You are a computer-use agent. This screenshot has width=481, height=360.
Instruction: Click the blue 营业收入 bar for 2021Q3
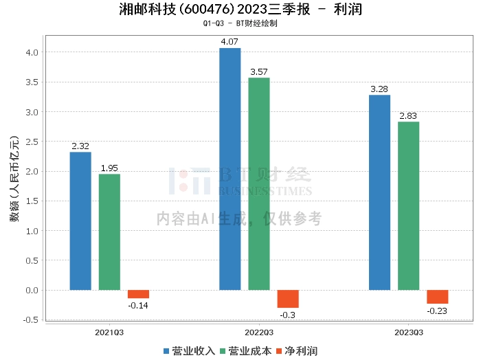click(x=80, y=221)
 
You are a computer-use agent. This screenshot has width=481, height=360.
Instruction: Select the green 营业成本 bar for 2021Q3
click(x=109, y=232)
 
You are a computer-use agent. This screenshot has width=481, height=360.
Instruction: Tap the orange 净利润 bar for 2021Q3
click(x=138, y=294)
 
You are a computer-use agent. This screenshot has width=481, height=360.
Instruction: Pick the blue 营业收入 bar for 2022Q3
click(x=230, y=169)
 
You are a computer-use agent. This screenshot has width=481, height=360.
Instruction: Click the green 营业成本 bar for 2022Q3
click(x=259, y=184)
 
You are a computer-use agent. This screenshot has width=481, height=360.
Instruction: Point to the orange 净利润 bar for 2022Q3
click(x=288, y=299)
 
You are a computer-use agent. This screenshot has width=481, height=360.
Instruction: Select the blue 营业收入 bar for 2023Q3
click(x=379, y=192)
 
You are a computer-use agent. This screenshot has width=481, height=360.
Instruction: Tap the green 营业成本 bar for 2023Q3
click(x=408, y=206)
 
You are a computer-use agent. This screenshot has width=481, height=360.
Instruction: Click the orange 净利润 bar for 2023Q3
click(x=437, y=297)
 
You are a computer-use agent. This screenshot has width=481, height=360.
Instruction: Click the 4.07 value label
click(x=230, y=43)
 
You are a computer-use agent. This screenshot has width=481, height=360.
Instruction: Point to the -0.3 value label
click(x=288, y=315)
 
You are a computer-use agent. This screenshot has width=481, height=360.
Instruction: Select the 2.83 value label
click(x=408, y=116)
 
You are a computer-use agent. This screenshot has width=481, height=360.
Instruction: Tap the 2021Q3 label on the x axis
click(x=109, y=332)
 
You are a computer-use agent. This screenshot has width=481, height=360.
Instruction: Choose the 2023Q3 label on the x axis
click(x=408, y=332)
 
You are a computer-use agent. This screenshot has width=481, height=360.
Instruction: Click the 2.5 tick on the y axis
click(x=32, y=142)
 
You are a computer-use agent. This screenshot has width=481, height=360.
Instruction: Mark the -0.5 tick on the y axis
click(x=30, y=320)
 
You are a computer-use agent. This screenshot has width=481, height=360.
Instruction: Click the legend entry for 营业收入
click(x=189, y=351)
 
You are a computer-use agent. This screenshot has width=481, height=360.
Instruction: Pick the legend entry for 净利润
click(x=296, y=351)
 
